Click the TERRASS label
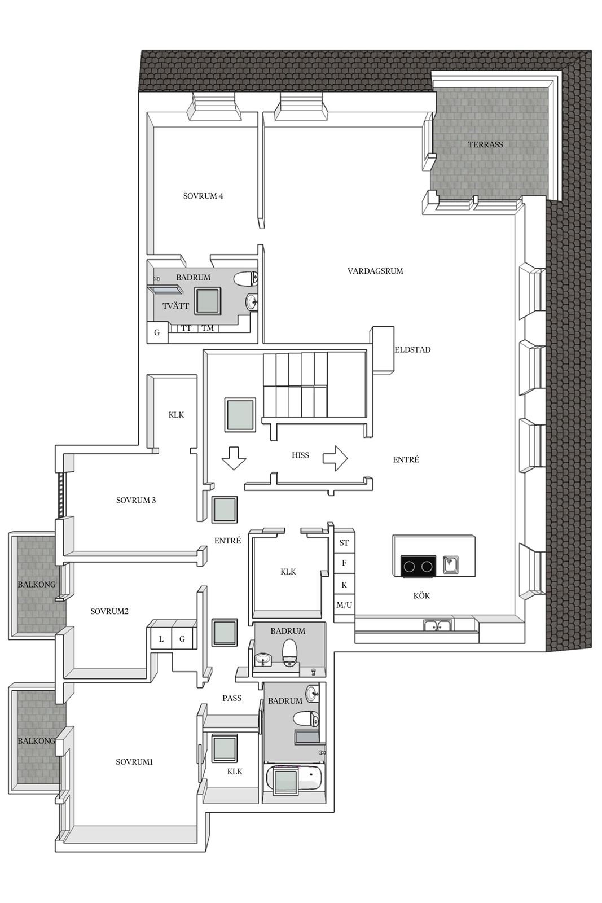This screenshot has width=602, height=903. click(485, 144)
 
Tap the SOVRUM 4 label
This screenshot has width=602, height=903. click(203, 196)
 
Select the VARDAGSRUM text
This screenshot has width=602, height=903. click(375, 271)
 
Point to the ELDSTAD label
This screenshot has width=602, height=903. click(412, 350)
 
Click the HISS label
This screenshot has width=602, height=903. click(300, 455)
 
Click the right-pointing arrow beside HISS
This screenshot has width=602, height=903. click(335, 458)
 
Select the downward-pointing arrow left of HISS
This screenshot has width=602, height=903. click(234, 458)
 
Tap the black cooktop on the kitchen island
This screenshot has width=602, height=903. click(418, 567)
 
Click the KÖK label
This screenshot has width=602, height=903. click(421, 596)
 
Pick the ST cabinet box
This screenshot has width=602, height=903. click(344, 542)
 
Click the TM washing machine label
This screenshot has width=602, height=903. click(208, 328)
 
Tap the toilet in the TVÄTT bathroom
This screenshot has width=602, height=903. click(246, 279)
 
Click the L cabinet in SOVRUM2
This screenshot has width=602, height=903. click(161, 639)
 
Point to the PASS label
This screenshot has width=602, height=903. click(232, 698)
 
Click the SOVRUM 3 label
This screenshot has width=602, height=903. click(136, 500)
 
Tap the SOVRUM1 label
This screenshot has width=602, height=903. click(134, 762)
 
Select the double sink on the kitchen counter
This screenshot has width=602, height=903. click(438, 626)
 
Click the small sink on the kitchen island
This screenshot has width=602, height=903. click(450, 564)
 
